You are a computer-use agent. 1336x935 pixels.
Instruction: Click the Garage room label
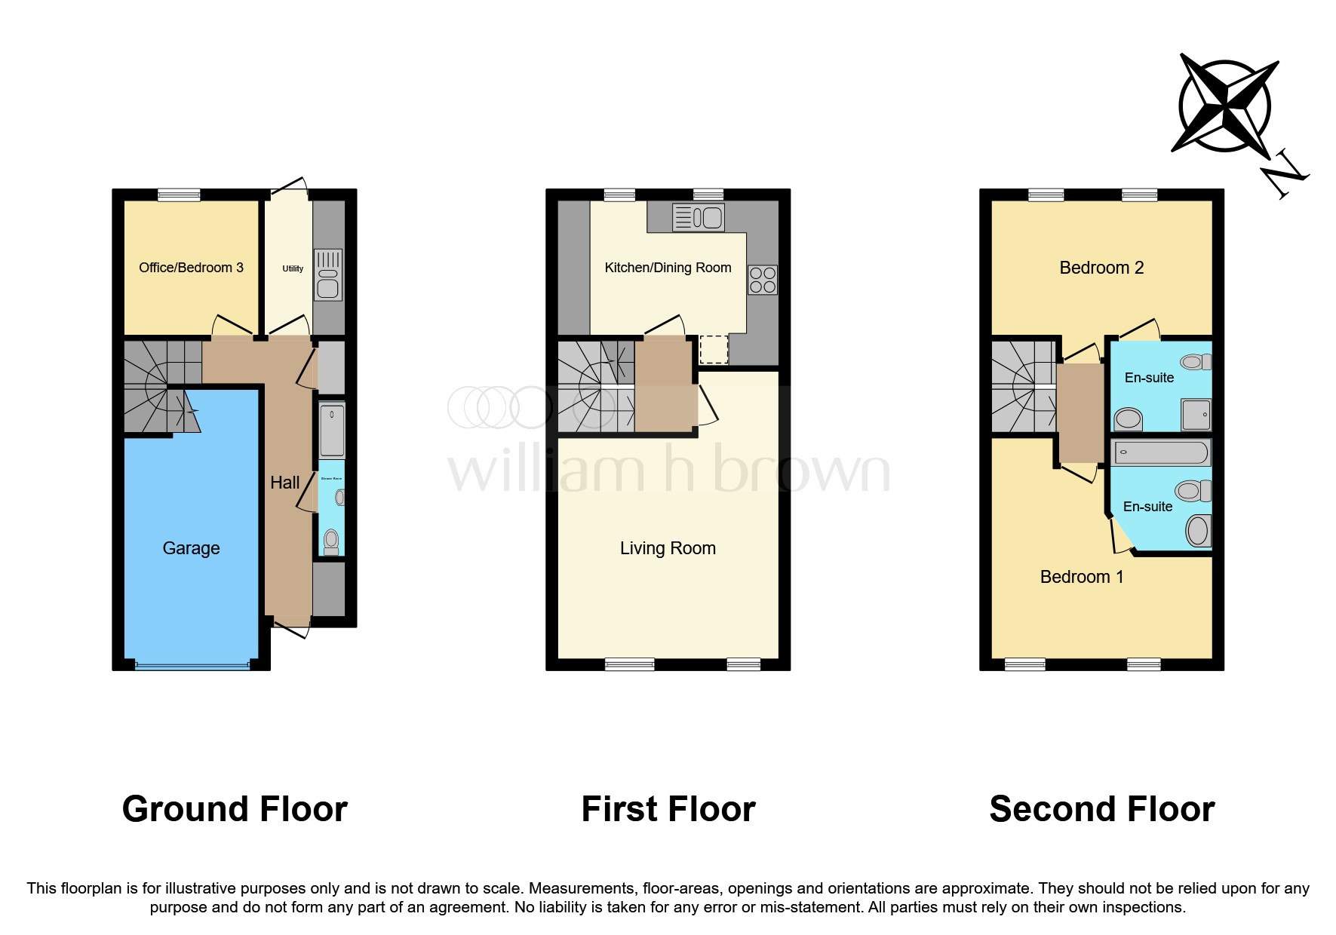[x=191, y=548]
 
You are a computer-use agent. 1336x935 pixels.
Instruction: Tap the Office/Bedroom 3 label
[x=191, y=268]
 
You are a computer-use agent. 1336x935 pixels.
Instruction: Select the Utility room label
[x=293, y=268]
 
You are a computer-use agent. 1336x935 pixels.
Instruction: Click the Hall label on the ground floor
[x=285, y=483]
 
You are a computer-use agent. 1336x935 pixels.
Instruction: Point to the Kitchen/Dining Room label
[x=668, y=268]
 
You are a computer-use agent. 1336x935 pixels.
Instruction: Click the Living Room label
[x=668, y=548]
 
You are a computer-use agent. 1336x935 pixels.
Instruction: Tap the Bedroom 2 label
[x=1101, y=268]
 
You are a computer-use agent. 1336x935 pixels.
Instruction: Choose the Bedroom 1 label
[x=1082, y=577]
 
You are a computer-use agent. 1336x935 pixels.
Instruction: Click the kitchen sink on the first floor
[x=699, y=218]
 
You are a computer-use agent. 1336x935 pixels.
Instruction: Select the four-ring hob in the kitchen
[x=763, y=280]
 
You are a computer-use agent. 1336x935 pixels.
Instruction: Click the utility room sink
[x=328, y=274]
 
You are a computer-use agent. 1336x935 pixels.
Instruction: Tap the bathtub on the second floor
[x=1162, y=452]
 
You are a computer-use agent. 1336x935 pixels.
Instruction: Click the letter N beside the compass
[x=1285, y=175]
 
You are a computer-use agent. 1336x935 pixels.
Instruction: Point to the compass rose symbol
[x=1225, y=105]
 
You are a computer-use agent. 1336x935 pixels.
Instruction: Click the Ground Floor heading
[x=235, y=809]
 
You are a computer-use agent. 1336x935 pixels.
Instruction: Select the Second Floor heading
[x=1101, y=809]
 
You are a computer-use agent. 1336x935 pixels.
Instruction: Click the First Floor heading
[x=668, y=809]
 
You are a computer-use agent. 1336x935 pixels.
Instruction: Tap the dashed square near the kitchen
[x=714, y=350]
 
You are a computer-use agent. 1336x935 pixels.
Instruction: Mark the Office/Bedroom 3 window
[x=179, y=195]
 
